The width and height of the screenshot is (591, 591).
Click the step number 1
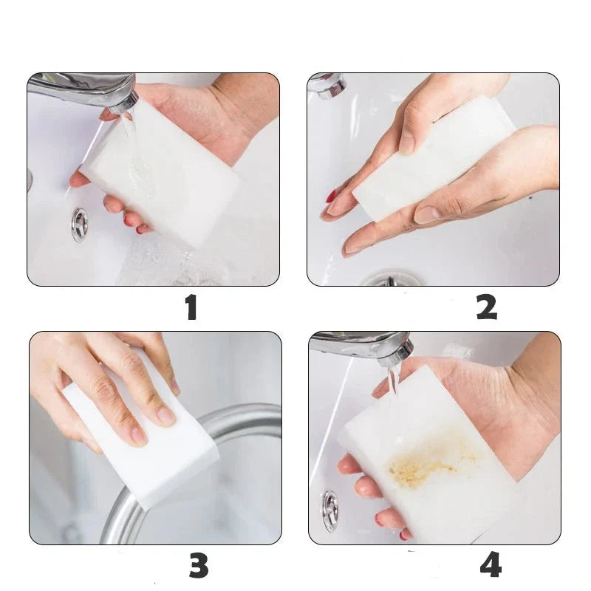192,308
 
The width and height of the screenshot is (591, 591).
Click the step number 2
486,307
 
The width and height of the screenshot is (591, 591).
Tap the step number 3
198,565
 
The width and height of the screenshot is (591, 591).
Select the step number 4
491,564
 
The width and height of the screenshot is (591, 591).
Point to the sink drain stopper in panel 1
80,225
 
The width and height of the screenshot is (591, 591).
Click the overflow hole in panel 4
330,511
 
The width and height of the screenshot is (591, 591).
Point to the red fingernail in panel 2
332,197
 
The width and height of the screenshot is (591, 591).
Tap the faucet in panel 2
327,85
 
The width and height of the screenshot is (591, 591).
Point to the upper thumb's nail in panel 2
407,143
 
